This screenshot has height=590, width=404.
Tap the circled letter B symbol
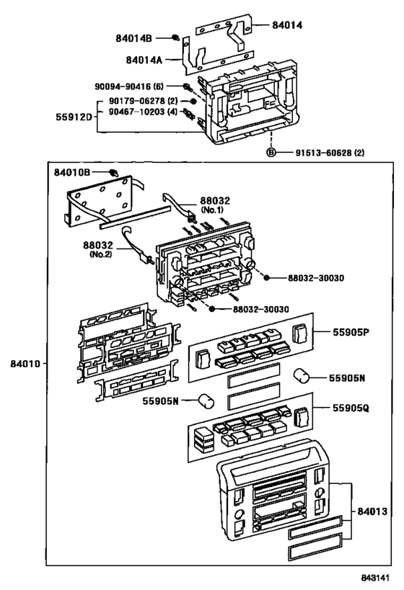[x=271, y=153]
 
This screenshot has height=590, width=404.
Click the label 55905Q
[x=351, y=408]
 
